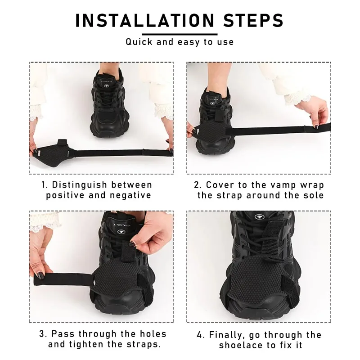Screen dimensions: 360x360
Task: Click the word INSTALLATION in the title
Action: click(x=144, y=20)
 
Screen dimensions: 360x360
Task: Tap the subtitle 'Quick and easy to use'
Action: click(x=180, y=42)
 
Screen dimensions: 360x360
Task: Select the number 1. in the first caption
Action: click(x=45, y=185)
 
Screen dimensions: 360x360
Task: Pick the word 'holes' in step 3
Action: click(x=151, y=334)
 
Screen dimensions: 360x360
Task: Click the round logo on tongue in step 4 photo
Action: click(x=259, y=217)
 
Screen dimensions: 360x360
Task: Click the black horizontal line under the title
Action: click(x=180, y=34)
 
